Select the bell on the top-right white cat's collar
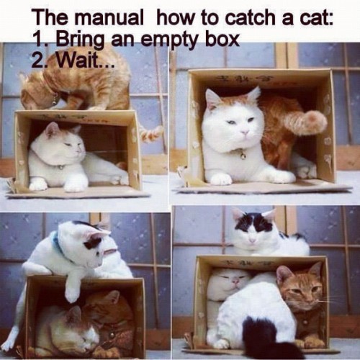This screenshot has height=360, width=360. coord(243,154)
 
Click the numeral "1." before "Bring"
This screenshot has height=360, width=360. coord(41,37)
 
